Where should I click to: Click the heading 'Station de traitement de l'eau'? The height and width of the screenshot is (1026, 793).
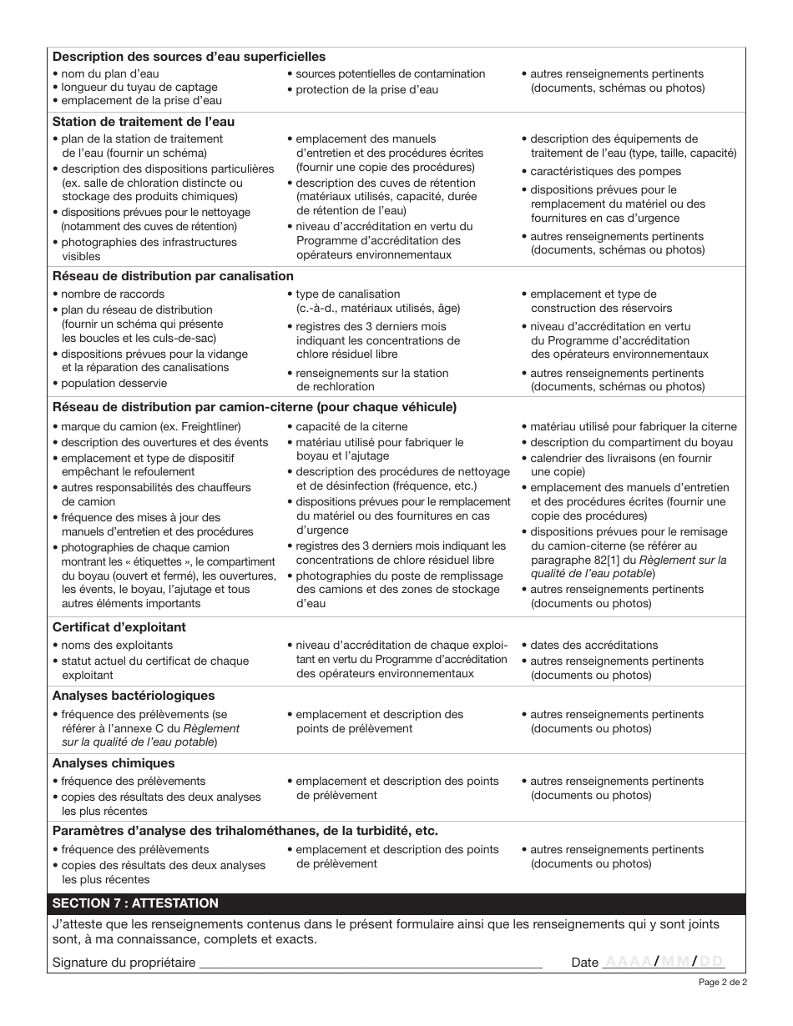point(144,122)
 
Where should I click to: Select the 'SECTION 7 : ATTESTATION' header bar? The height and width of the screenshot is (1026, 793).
point(135,903)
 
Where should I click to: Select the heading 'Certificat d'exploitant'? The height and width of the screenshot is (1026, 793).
point(119,627)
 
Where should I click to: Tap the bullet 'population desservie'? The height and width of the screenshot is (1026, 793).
point(114,384)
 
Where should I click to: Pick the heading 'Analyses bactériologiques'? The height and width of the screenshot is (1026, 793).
point(134,696)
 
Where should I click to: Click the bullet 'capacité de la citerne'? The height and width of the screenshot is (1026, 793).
point(341,427)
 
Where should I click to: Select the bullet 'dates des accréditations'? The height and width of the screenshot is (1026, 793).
point(594,646)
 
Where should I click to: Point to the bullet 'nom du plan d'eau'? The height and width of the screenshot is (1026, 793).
point(110,74)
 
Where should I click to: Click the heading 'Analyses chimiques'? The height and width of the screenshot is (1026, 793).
point(114,763)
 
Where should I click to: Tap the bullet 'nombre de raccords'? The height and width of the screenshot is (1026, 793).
point(113,294)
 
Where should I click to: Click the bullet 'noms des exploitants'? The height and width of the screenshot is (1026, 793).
point(117,646)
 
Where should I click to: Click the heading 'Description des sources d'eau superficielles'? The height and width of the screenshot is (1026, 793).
point(189,57)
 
